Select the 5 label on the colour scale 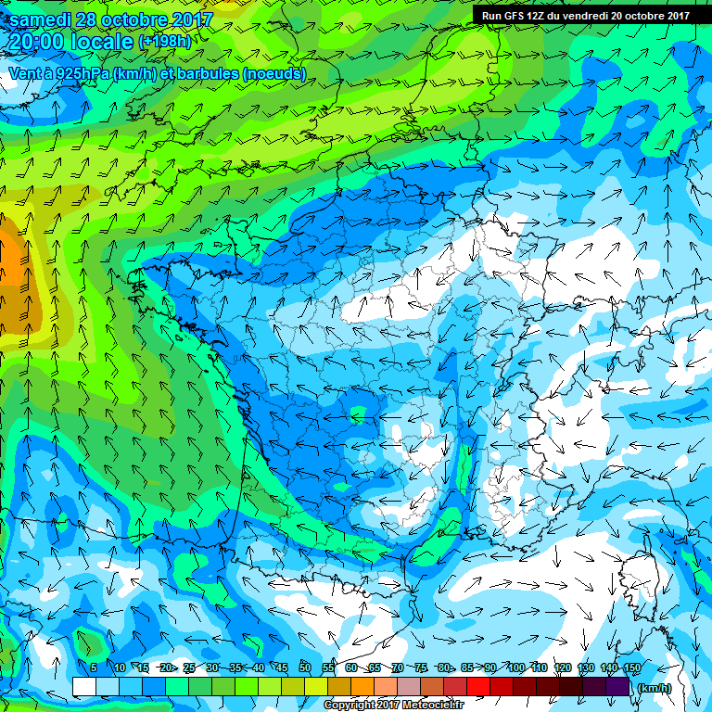94,667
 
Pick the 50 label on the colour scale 305,667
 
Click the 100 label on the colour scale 516,667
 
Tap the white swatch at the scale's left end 84,686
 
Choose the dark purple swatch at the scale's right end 618,686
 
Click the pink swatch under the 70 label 409,686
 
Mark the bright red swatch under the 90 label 478,686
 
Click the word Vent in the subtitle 26,73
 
